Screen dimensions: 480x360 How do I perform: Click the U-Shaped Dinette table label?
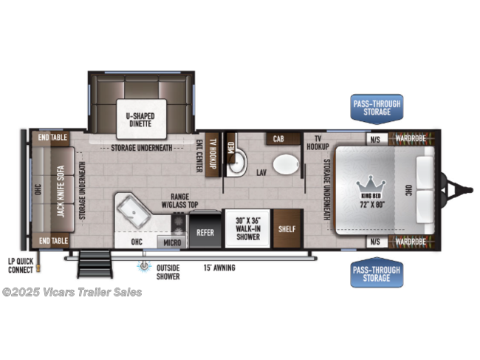pos(140,120)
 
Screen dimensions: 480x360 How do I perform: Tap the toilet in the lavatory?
pos(286,164)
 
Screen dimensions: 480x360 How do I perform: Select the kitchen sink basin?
pos(134,211)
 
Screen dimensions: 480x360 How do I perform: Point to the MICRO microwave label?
pos(172,242)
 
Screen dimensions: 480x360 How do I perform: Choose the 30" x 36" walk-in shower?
pos(248,228)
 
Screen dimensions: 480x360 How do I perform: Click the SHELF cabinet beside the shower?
pos(287,228)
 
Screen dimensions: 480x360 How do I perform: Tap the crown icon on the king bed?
pos(371,184)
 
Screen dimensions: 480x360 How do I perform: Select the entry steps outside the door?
pos(95,264)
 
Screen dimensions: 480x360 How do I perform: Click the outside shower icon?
pos(144,265)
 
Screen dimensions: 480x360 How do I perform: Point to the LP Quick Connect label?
pos(21,265)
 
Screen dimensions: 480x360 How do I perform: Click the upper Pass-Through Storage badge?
pos(377,109)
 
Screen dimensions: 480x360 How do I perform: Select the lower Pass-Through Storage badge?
pos(377,273)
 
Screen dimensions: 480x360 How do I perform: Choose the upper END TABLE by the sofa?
pos(52,137)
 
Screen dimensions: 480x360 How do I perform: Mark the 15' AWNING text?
pos(219,268)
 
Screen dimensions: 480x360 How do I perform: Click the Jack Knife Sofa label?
pos(61,191)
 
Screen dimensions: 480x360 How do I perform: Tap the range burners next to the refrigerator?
pos(179,224)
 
